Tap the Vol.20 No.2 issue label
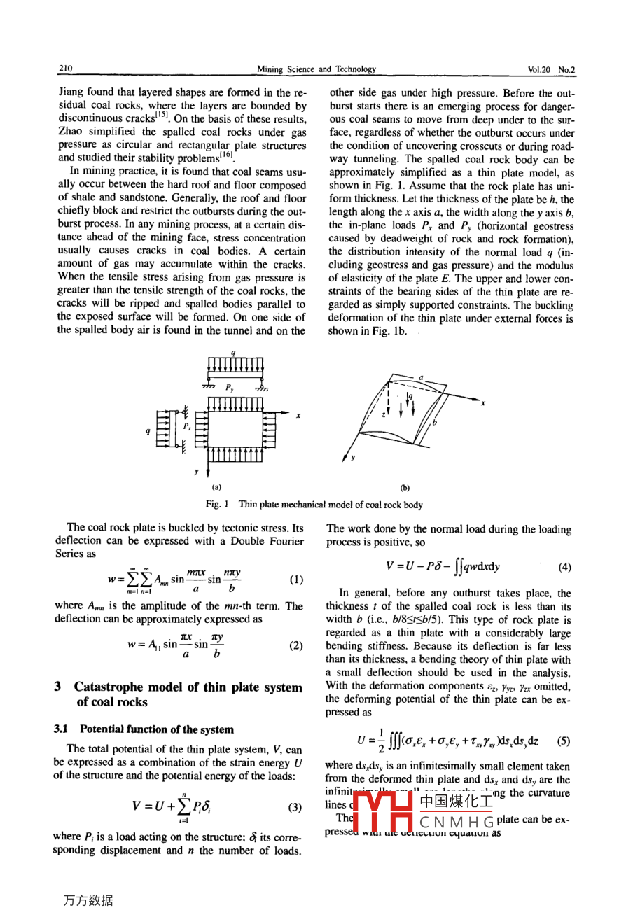(x=551, y=70)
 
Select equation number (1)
(x=295, y=580)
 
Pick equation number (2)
(x=295, y=645)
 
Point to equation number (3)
(x=295, y=807)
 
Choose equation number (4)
(x=564, y=567)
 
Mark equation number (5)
(x=564, y=741)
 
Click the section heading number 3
(x=57, y=687)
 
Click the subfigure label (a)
(x=216, y=488)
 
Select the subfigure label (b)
(x=405, y=489)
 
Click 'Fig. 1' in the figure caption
(x=217, y=505)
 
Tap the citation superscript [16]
(x=227, y=155)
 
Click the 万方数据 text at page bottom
(x=88, y=900)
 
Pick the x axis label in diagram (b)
(x=483, y=402)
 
